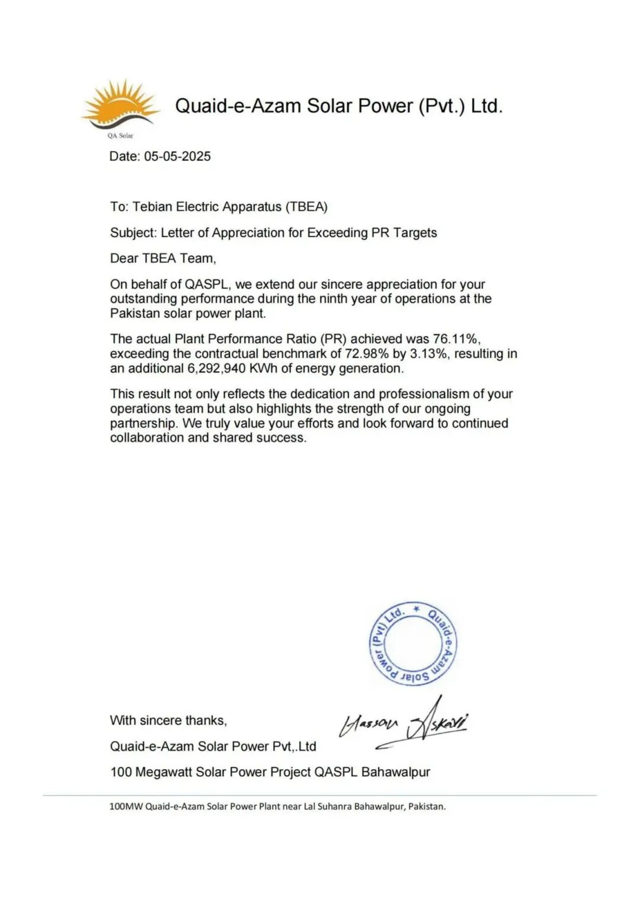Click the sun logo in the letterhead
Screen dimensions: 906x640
point(121,105)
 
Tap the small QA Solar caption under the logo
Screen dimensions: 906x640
point(120,136)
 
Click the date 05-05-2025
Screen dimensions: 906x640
point(177,157)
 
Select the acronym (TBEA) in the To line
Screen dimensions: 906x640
point(306,207)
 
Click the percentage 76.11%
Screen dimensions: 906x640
point(456,339)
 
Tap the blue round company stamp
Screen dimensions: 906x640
point(412,644)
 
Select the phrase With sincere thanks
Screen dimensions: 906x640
point(168,720)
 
